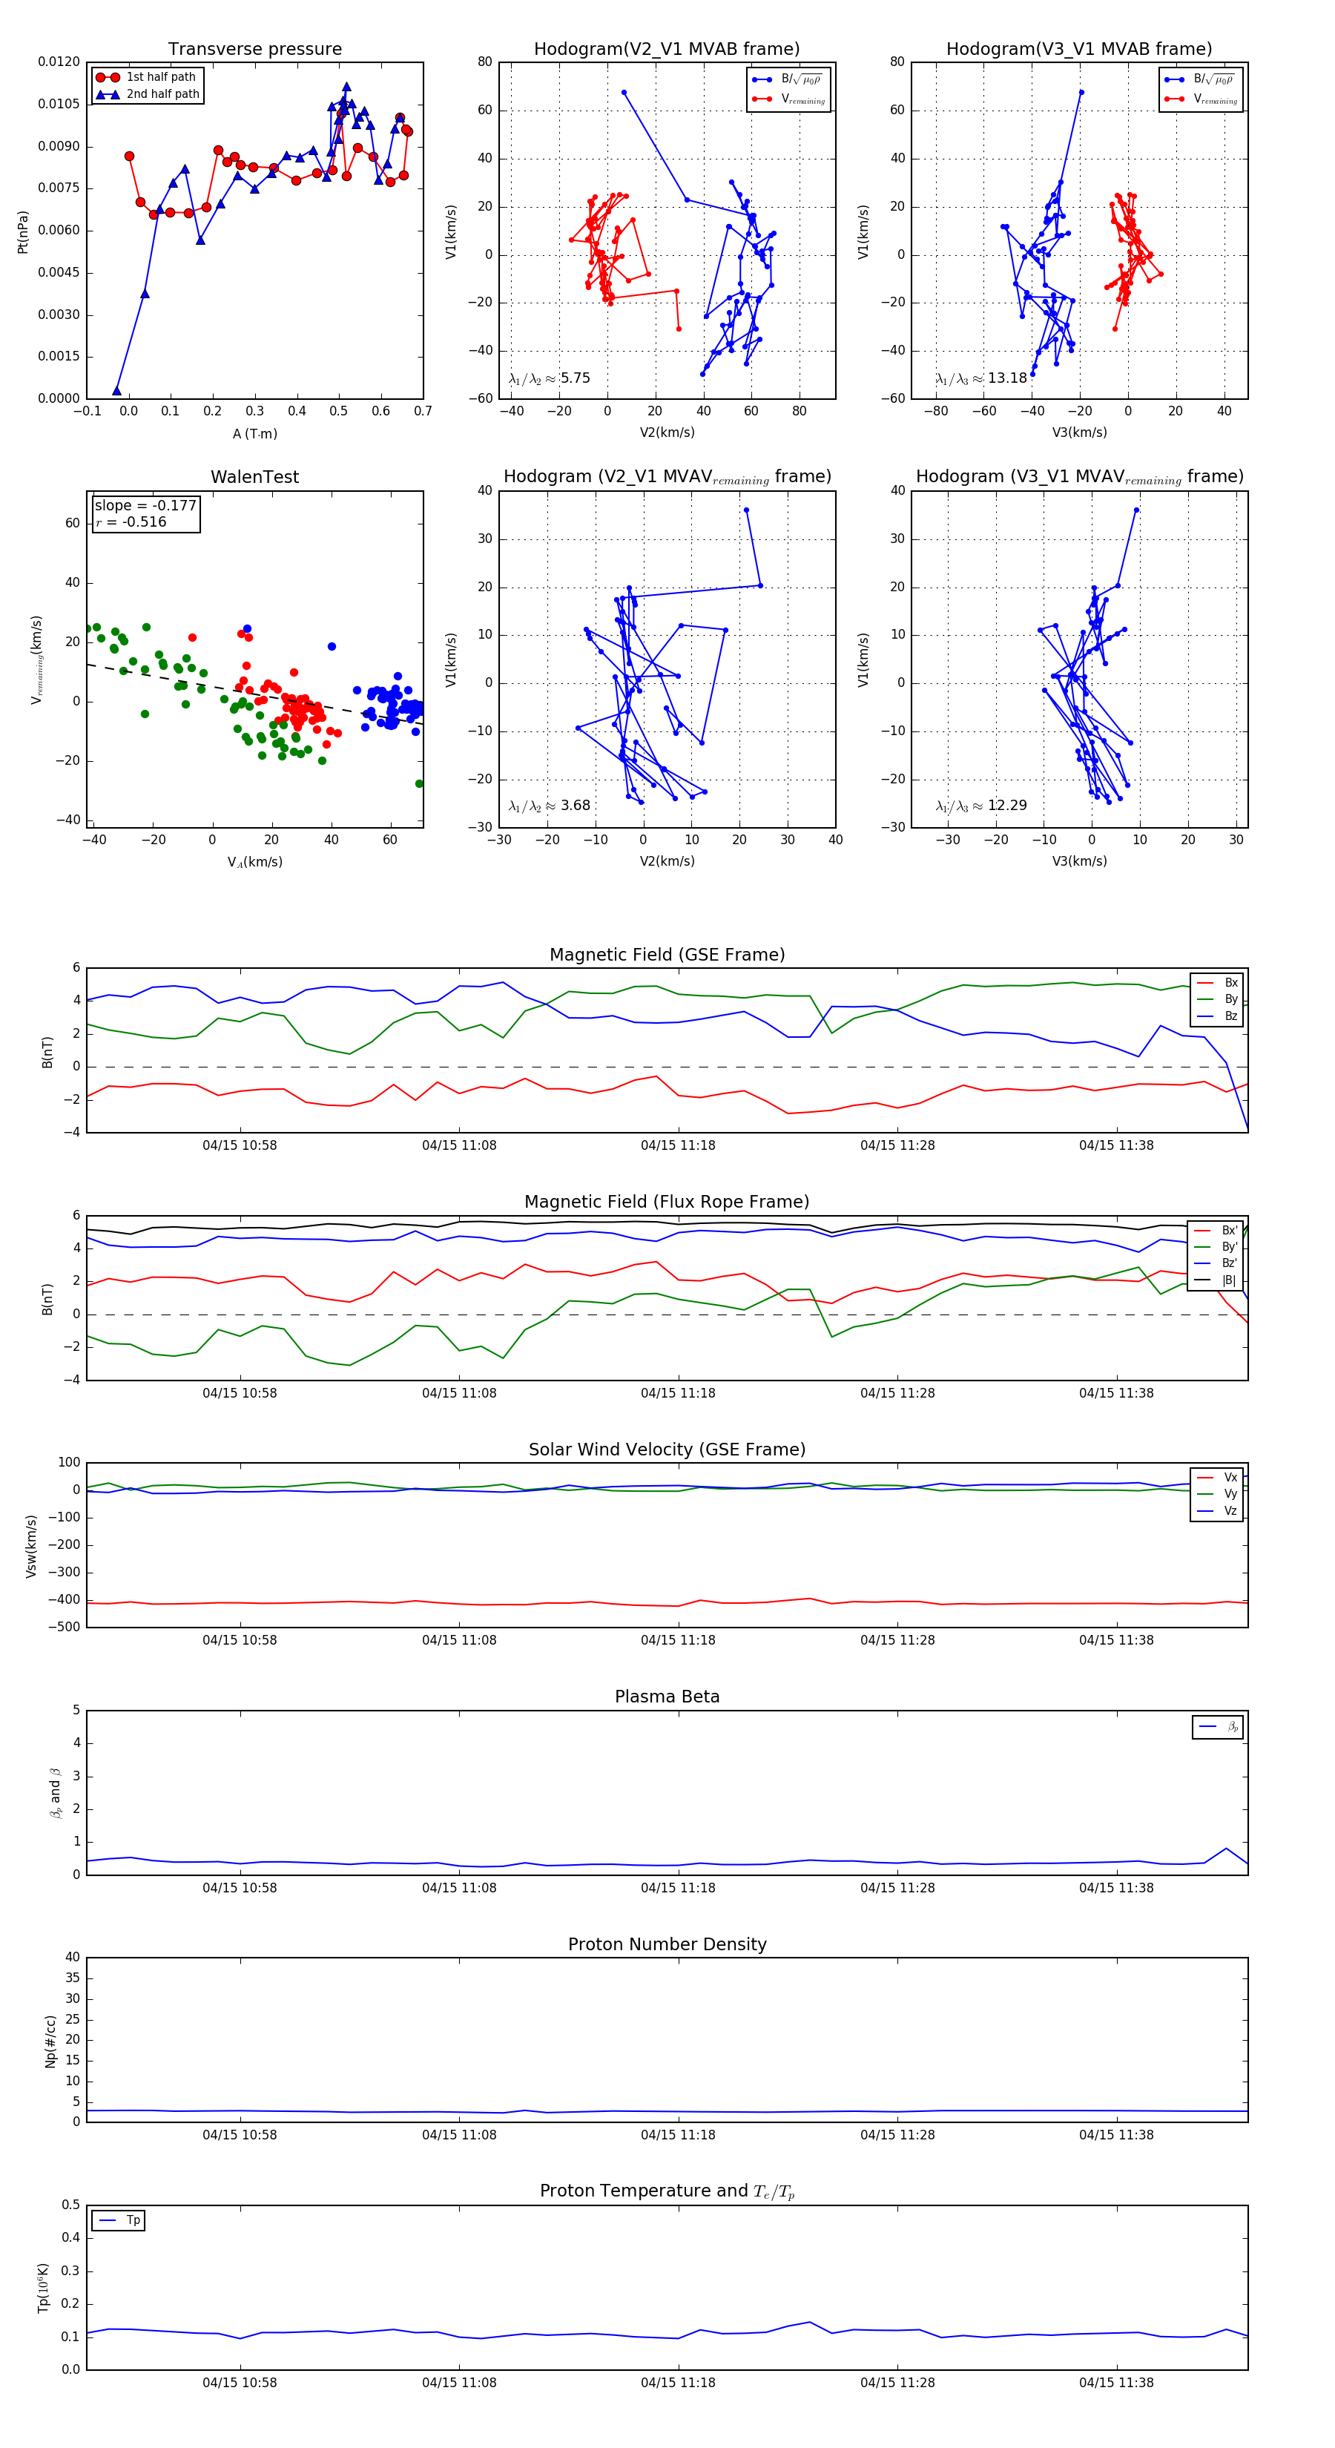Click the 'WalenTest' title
coord(254,477)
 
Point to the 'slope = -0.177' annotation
coord(145,506)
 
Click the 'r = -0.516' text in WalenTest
coord(131,521)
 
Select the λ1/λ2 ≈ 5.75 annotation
coord(549,378)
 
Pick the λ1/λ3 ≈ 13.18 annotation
coord(980,378)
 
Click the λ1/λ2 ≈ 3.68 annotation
coord(549,806)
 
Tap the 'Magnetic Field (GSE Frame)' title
coord(667,955)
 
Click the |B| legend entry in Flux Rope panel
coord(1227,1280)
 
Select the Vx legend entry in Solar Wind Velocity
coord(1230,1478)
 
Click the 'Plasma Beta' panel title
coord(667,1697)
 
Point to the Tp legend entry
coord(132,2221)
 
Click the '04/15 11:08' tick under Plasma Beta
coord(459,1888)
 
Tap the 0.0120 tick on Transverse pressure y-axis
coord(59,62)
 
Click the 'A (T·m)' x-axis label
coord(254,434)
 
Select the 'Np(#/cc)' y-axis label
coord(50,2041)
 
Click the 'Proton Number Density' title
coord(667,1944)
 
